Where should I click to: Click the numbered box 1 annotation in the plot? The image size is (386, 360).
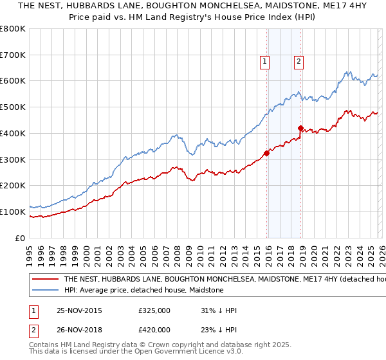[x=265, y=62]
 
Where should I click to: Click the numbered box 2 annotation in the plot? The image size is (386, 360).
[x=299, y=62]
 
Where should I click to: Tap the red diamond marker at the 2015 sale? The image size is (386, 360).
[x=266, y=153]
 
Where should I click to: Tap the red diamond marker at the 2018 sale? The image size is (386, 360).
[x=300, y=128]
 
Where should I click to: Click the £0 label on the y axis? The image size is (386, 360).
[x=19, y=238]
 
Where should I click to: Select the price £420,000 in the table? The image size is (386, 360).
[x=154, y=329]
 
